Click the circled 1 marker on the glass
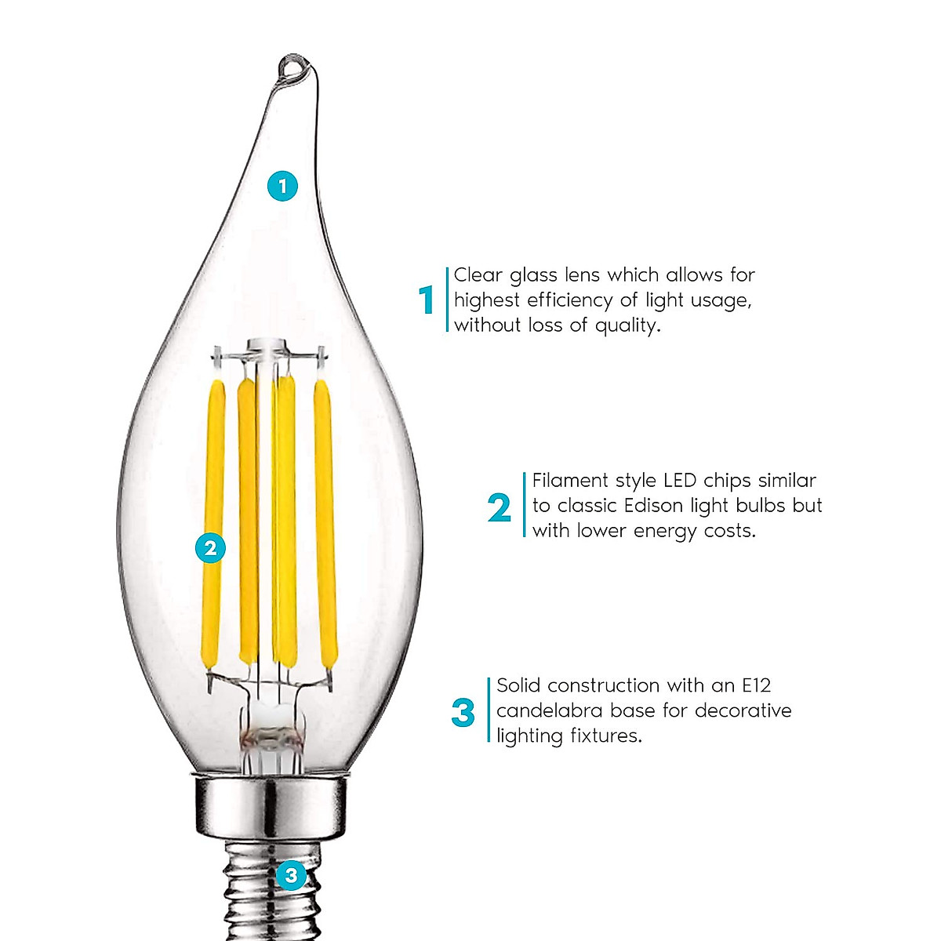(x=282, y=186)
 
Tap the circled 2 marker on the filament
(x=210, y=547)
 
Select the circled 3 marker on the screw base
(x=291, y=874)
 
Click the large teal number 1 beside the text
(x=427, y=300)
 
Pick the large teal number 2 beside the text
(x=500, y=508)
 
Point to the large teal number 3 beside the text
(x=463, y=713)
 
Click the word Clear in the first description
(x=478, y=275)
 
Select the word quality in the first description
(x=627, y=325)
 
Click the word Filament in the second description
(x=569, y=480)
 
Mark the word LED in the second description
(x=680, y=480)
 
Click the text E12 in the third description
(x=757, y=685)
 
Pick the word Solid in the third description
(x=519, y=685)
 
